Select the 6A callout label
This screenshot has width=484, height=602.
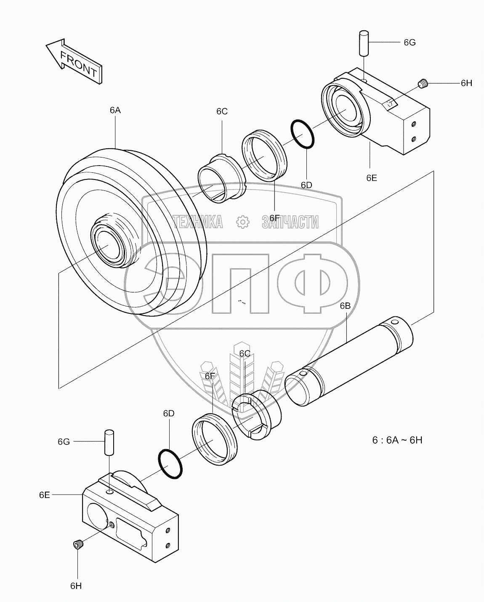pos(115,110)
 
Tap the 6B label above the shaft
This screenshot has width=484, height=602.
pos(345,306)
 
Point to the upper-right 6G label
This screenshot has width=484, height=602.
pos(410,43)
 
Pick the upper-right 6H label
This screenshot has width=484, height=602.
pos(466,83)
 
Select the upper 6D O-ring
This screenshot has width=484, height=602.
pos(303,134)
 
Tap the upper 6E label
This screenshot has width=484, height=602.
pos(371,178)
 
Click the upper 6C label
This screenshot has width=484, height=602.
pos(222,112)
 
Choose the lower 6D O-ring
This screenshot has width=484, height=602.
pos(170,464)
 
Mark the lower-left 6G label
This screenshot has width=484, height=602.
pos(64,441)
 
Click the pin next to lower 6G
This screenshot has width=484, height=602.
pos(109,442)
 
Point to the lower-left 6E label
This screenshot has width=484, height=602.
pos(45,495)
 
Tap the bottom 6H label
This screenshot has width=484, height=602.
pos(76,586)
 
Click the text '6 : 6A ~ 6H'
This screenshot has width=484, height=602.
pos(397,440)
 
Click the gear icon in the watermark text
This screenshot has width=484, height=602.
pos(242,222)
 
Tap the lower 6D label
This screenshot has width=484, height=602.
pos(169,414)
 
